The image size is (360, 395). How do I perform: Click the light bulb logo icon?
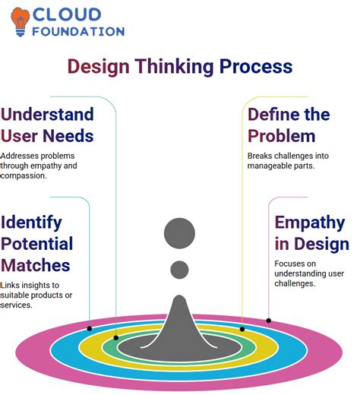click(x=21, y=21)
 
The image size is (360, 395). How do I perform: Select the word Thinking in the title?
click(x=175, y=66)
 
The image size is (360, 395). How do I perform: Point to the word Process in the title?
click(x=256, y=66)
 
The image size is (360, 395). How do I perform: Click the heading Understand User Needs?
click(x=47, y=125)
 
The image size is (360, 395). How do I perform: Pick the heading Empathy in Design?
click(x=311, y=233)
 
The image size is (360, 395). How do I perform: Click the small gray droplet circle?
click(x=180, y=269)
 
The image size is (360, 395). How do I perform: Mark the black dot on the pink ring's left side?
click(x=90, y=328)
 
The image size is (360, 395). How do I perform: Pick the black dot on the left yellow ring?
click(x=115, y=337)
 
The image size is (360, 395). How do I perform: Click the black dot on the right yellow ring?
click(x=242, y=329)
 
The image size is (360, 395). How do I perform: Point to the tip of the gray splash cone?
click(x=180, y=298)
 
